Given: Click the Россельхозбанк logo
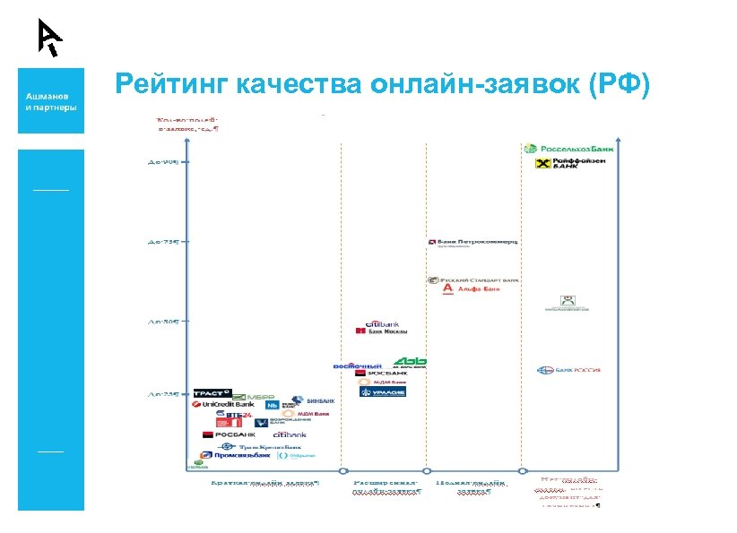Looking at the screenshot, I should click(x=568, y=148).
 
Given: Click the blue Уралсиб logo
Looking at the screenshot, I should click(x=383, y=392).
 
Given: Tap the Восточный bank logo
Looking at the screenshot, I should click(x=358, y=365).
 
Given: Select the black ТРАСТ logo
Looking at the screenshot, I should click(x=212, y=393).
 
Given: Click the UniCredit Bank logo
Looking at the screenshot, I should click(x=223, y=404).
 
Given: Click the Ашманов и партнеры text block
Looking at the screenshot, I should click(x=50, y=100).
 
